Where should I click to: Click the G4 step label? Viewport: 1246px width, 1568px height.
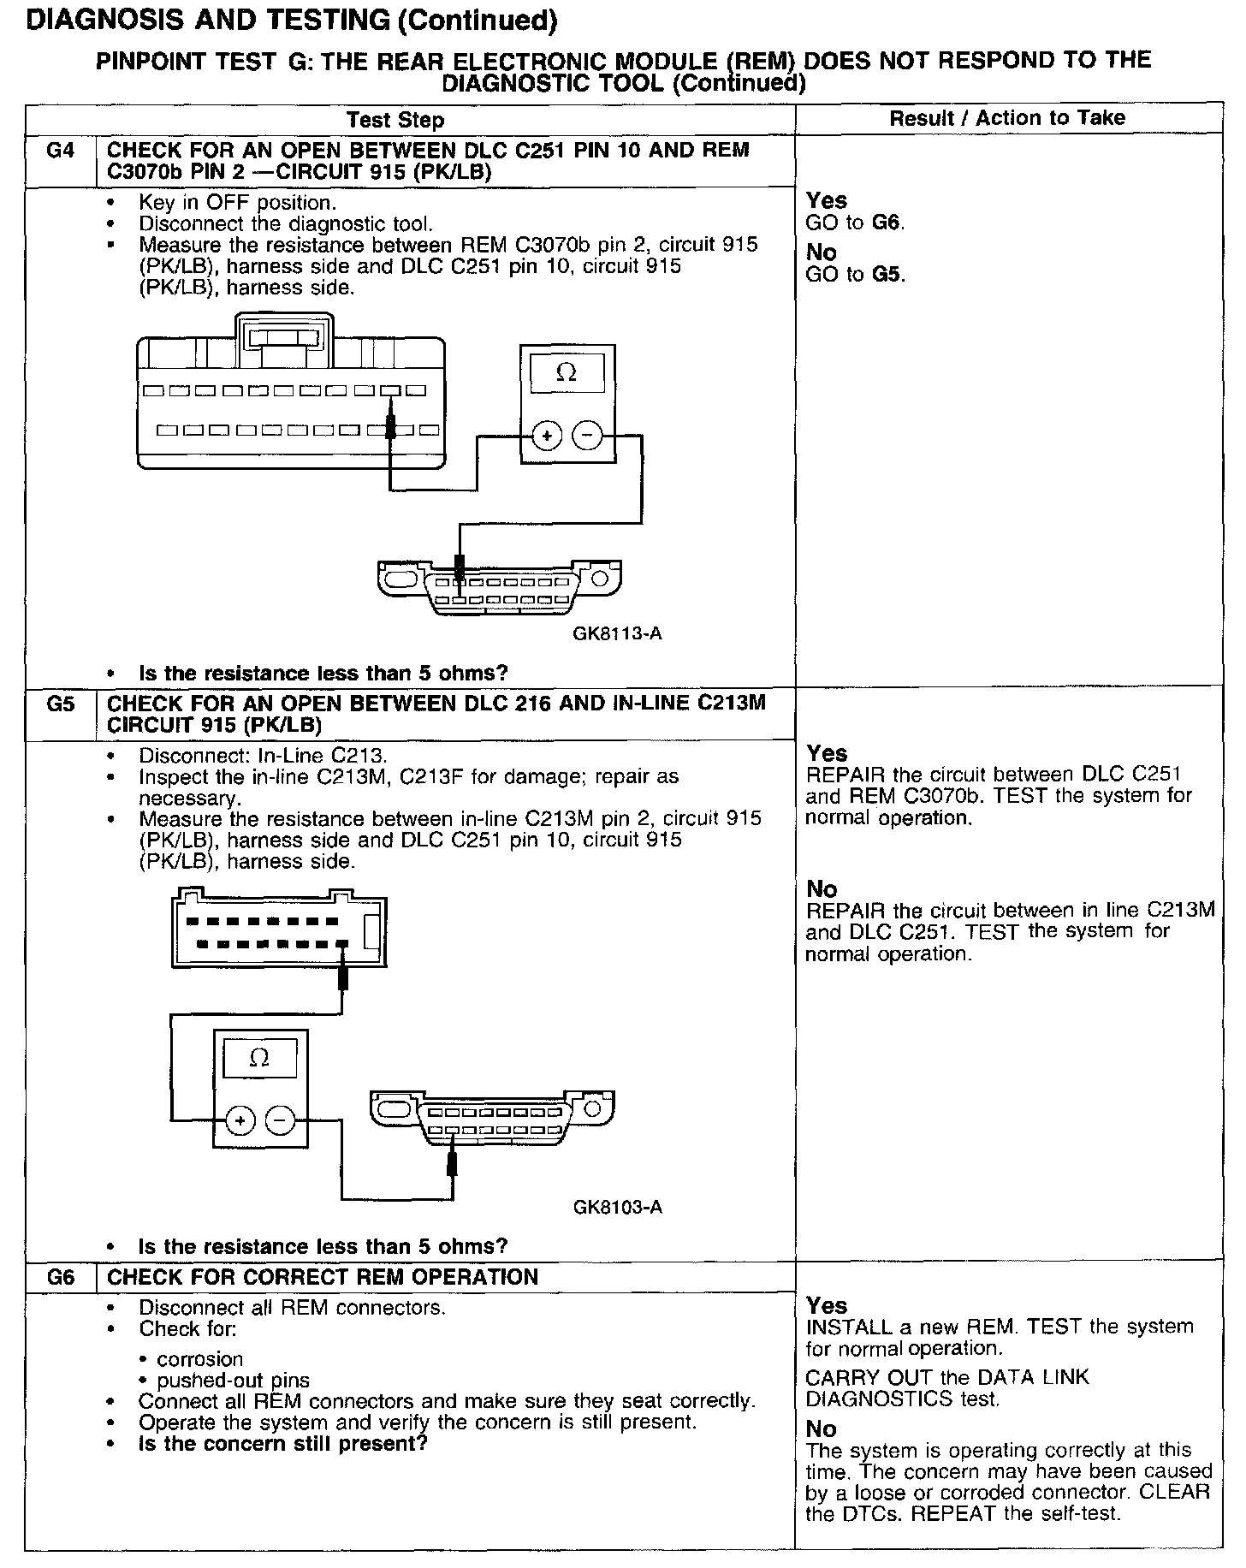pos(60,151)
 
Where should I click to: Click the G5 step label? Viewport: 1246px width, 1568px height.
pos(60,704)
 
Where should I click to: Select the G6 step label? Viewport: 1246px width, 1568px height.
pos(60,1278)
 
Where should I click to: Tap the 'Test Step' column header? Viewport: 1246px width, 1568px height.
pos(395,120)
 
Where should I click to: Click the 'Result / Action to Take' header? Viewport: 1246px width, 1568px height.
pos(1007,118)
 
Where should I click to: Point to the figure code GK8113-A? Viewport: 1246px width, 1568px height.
pos(617,634)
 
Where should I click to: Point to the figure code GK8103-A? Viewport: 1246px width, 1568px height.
pos(617,1208)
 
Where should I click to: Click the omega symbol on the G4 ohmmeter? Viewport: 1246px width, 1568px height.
pos(567,372)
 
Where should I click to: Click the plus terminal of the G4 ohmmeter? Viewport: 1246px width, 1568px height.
pos(546,437)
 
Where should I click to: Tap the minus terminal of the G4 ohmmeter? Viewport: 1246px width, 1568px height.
pos(587,437)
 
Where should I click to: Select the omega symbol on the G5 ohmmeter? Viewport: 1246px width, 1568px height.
pos(259,1058)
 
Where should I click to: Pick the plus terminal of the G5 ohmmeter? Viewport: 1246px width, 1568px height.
pos(240,1120)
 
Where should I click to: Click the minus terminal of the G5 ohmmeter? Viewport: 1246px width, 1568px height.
pos(281,1120)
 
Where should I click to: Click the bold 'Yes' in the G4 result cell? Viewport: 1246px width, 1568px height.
pos(827,200)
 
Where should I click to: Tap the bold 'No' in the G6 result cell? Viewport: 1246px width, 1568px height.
pos(822,1428)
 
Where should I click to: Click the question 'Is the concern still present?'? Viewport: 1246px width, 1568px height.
pos(282,1444)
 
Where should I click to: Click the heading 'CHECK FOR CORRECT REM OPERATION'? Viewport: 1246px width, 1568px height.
pos(323,1278)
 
